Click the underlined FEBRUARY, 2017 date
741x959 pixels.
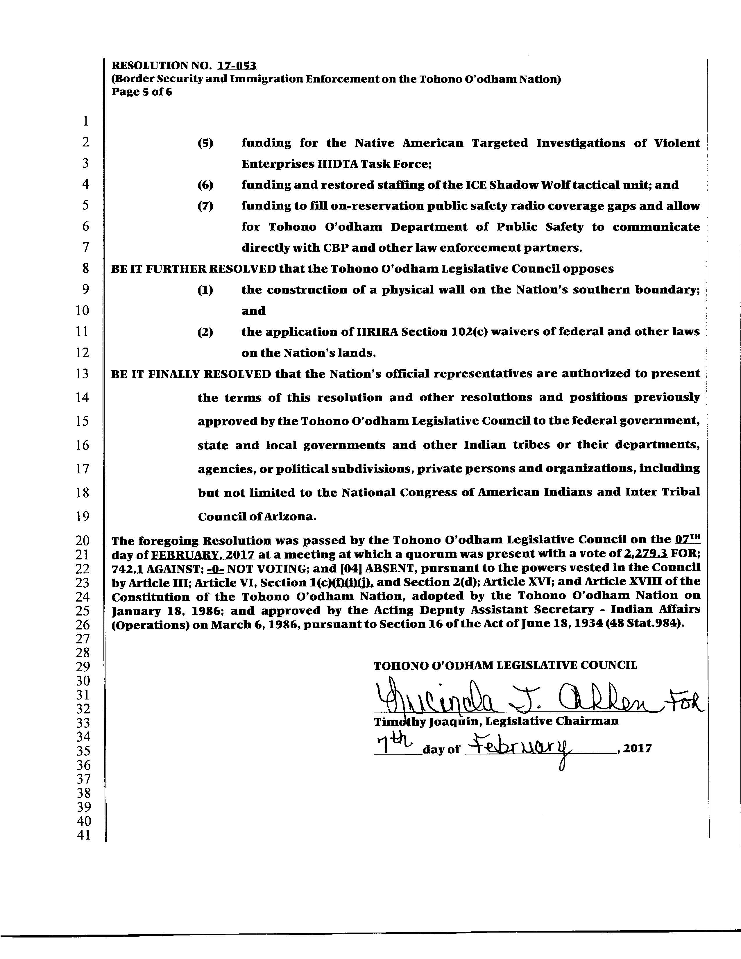click(x=203, y=554)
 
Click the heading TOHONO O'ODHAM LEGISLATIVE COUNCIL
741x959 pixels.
click(x=505, y=665)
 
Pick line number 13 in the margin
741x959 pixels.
click(x=83, y=374)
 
